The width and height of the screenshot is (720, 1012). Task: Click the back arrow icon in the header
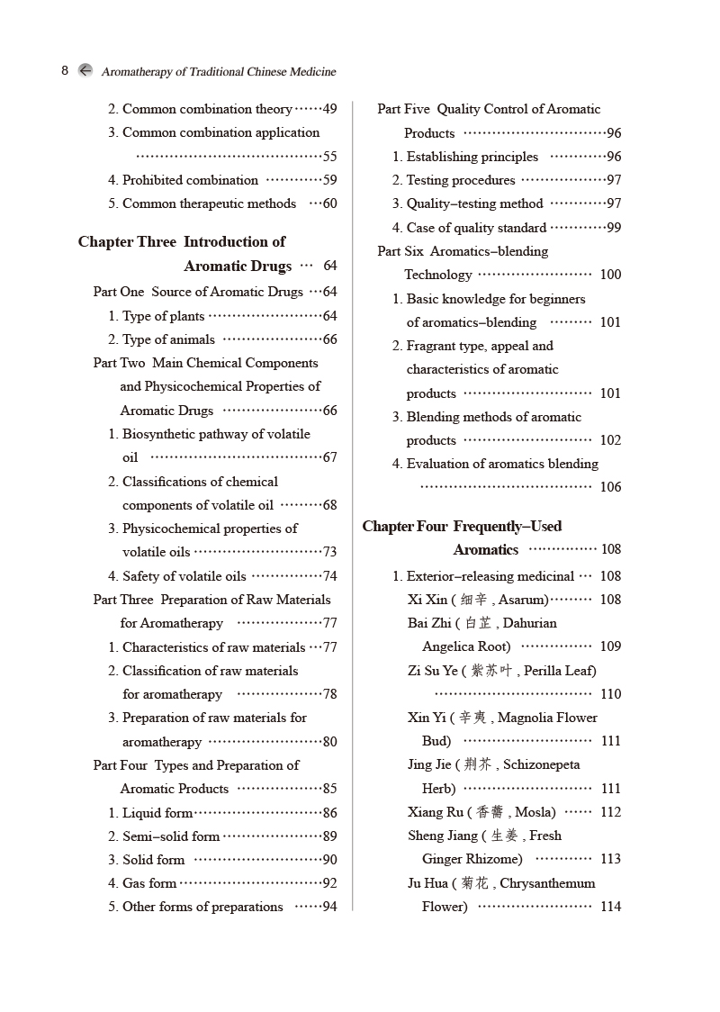coord(85,70)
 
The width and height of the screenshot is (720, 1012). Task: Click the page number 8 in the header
coord(65,70)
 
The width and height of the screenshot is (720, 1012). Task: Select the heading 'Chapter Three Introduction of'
coord(181,241)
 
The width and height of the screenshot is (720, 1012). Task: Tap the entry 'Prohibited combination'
coord(190,180)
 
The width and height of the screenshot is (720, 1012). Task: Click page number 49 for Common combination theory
coord(329,109)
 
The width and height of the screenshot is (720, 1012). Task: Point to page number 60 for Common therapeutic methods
coord(329,203)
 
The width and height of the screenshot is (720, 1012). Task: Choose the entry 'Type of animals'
coord(168,339)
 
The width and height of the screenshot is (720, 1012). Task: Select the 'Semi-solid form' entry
coord(171,836)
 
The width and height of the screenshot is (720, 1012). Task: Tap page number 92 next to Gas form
coord(329,883)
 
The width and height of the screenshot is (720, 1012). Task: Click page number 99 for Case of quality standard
coord(614,228)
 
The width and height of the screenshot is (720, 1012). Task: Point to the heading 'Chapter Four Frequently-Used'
coord(462,526)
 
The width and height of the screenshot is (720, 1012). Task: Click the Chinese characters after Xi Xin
coord(474,600)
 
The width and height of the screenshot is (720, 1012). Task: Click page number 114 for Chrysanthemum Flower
coord(610,907)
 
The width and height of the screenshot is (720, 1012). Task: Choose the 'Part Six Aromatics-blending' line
coord(463,251)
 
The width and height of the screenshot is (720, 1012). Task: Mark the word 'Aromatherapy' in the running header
coord(138,71)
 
